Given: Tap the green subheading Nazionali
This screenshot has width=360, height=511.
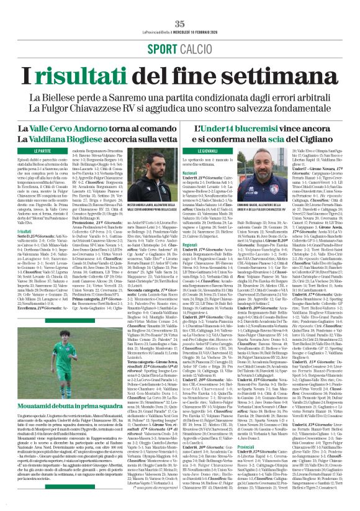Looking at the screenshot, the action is click(190, 173).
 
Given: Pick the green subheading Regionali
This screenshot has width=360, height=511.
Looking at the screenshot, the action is click(190, 244).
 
